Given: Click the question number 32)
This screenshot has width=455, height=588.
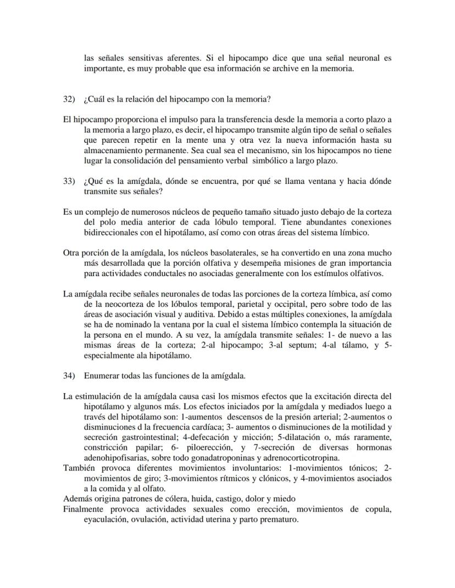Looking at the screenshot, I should click(x=69, y=99).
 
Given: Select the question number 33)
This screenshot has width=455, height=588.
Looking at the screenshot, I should click(x=69, y=181).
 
